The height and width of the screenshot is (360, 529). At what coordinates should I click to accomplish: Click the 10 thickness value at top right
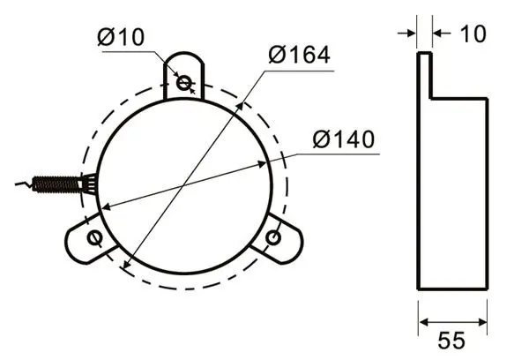coord(473,34)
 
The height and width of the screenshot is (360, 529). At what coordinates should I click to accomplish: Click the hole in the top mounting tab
coord(184,83)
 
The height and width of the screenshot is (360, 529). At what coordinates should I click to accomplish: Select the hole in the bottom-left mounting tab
coord(94,239)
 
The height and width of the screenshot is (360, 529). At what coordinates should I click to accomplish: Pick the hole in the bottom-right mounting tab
coord(273,237)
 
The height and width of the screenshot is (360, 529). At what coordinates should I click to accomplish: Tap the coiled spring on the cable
coord(56,183)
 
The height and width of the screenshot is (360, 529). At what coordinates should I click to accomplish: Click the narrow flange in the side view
coord(424,75)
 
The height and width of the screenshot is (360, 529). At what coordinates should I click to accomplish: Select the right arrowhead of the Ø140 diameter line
coord(264,163)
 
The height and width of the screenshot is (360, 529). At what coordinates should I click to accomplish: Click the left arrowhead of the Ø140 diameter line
coord(103,207)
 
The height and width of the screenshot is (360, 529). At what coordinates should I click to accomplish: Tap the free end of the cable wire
coord(19,184)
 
